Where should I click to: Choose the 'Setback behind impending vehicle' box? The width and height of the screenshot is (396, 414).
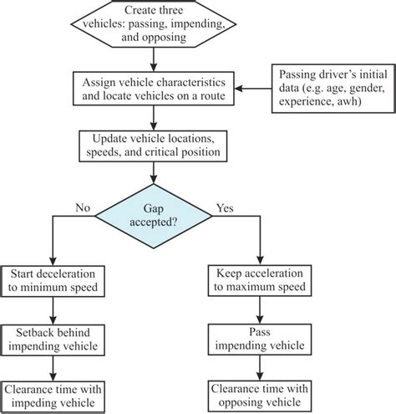[56, 339]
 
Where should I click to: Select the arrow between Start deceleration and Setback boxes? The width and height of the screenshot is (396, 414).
[56, 311]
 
